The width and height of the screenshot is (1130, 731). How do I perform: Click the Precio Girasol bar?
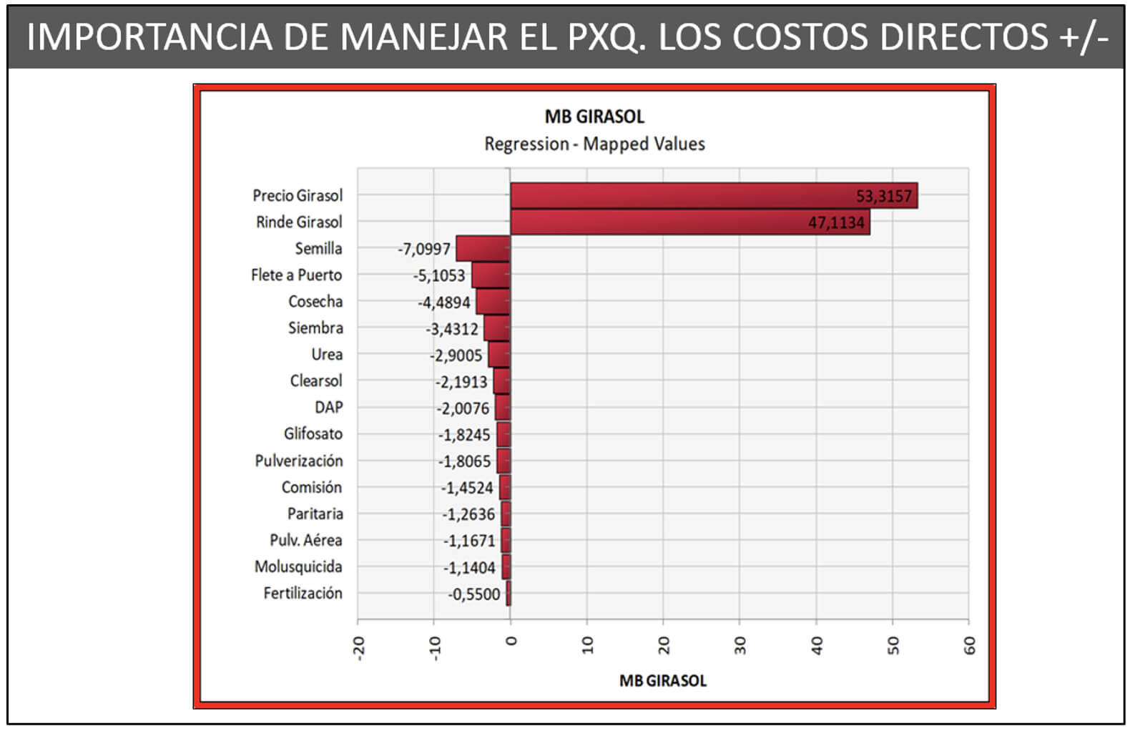pyautogui.click(x=714, y=195)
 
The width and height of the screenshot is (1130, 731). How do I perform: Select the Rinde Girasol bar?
pyautogui.click(x=690, y=222)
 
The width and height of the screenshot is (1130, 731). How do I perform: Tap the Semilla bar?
pyautogui.click(x=483, y=248)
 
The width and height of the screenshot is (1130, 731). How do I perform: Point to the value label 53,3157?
pyautogui.click(x=884, y=196)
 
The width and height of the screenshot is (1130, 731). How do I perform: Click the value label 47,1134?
pyautogui.click(x=836, y=222)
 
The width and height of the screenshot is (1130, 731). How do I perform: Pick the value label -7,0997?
pyautogui.click(x=424, y=249)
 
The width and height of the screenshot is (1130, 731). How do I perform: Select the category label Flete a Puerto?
pyautogui.click(x=297, y=275)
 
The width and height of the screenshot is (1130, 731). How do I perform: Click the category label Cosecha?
pyautogui.click(x=315, y=301)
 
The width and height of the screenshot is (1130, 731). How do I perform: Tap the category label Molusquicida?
pyautogui.click(x=298, y=566)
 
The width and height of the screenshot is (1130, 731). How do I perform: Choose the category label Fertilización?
pyautogui.click(x=303, y=593)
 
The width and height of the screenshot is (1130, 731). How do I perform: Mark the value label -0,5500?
pyautogui.click(x=474, y=594)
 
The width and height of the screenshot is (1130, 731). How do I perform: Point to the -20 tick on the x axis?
pyautogui.click(x=358, y=648)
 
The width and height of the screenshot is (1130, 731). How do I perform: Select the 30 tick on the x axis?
pyautogui.click(x=740, y=645)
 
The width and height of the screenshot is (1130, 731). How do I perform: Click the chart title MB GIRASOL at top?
pyautogui.click(x=594, y=117)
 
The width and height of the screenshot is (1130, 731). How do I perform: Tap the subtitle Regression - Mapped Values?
pyautogui.click(x=594, y=144)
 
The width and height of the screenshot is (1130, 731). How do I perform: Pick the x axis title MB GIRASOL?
pyautogui.click(x=663, y=680)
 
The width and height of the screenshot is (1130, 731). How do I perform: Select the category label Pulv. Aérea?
pyautogui.click(x=305, y=540)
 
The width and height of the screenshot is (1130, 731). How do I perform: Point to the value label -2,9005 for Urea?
pyautogui.click(x=456, y=355)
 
